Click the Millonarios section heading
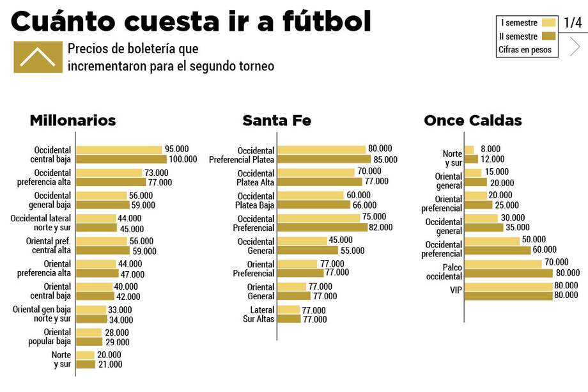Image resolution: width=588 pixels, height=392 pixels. pos(73,120)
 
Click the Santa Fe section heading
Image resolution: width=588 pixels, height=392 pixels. pos(276,120)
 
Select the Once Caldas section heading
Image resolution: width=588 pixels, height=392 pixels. pos(472,120)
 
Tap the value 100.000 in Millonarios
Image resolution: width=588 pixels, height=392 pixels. pos(183,159)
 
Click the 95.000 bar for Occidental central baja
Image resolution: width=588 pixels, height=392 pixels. pos(119,150)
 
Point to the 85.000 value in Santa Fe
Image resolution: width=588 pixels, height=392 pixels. pos(385,160)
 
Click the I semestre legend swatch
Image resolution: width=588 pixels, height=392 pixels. pos(548,23)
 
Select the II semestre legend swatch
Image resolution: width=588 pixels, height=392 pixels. pos(548,36)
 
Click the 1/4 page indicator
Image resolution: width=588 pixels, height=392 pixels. pos(573,23)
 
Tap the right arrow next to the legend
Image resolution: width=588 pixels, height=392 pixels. pos(575,47)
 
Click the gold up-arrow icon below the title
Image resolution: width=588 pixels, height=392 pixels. pos(38,57)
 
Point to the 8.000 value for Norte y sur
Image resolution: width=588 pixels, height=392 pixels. pos(490,149)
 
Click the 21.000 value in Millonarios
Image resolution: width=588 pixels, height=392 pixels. pos(110,365)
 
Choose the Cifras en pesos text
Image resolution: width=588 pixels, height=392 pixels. pos(524,50)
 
